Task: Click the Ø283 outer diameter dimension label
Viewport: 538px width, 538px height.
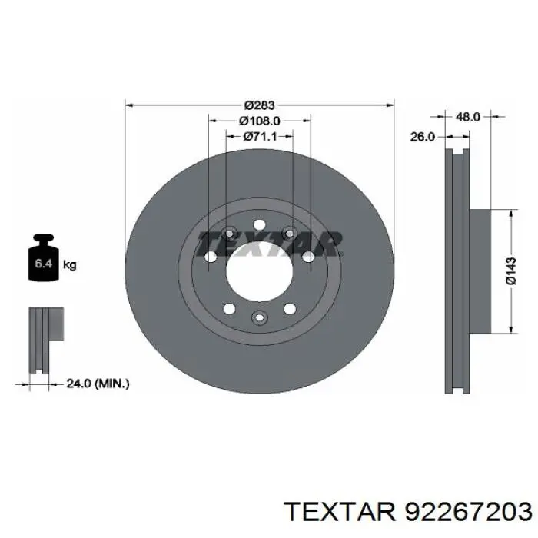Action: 260,105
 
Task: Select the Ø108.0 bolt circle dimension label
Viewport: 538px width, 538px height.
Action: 260,121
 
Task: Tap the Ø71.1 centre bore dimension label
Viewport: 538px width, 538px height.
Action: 260,137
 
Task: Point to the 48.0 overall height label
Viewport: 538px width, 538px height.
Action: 467,117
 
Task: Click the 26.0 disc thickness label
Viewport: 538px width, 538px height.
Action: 423,137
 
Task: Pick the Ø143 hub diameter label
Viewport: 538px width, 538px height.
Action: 510,271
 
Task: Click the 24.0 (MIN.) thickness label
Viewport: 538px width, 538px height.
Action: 98,384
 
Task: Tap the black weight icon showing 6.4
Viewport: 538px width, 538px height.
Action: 44,257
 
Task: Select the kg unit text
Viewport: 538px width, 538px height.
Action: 70,265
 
